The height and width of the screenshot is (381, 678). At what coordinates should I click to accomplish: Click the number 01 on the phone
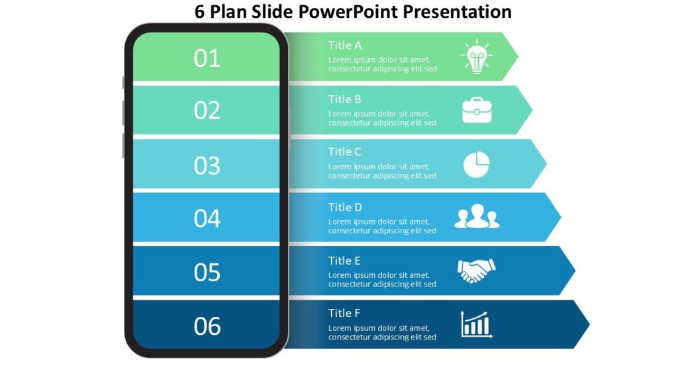coord(207,58)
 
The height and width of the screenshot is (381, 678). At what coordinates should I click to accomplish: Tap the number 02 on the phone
coord(207,110)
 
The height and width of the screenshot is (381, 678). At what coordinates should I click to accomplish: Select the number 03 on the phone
coord(207,165)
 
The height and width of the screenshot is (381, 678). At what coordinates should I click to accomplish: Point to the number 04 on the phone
coord(207,218)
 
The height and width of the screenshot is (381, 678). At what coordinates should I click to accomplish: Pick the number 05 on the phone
coord(207,272)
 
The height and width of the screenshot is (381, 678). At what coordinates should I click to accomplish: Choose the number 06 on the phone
coord(207,325)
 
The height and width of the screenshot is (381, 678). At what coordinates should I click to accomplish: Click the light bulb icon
coord(476,57)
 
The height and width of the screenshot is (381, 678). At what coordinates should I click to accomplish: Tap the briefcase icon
coord(477,110)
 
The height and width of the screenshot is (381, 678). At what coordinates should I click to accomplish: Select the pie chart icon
coord(477,164)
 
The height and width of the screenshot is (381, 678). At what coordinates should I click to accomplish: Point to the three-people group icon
coord(477,218)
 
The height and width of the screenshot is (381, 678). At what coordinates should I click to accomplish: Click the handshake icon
coord(477,271)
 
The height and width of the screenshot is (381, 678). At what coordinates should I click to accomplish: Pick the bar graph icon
coord(477,325)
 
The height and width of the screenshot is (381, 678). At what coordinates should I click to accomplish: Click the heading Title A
coord(345,46)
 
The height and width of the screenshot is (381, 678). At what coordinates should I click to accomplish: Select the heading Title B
coord(345,99)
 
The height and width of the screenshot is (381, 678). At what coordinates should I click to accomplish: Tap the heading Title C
coord(345,151)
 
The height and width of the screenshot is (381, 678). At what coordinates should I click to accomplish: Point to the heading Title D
coord(345,207)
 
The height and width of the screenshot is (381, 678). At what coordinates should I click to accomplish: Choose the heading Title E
coord(344,261)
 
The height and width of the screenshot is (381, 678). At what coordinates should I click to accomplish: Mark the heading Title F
coord(344,313)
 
